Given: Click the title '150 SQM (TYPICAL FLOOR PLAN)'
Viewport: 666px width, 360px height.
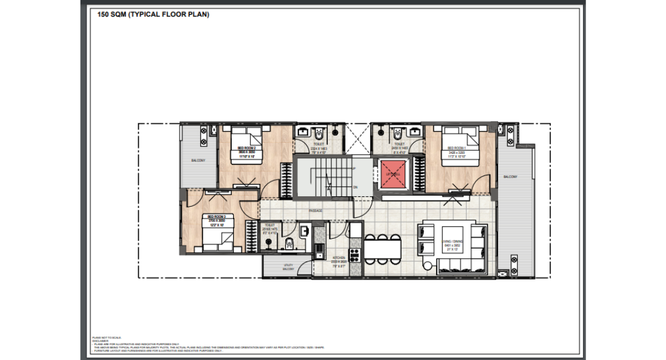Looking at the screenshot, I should point(153,14).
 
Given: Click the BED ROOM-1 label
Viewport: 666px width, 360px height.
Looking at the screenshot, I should point(456,149).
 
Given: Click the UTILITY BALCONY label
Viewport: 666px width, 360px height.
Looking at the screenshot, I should point(288,267).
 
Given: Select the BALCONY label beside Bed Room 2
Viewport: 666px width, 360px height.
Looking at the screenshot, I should point(198,161).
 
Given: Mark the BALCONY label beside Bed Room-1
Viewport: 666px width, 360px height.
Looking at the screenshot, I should point(510,177).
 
